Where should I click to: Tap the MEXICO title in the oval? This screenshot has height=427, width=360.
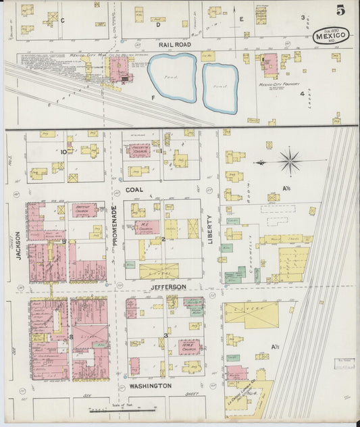coord(331,35)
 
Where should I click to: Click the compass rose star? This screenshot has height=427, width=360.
coord(290,161)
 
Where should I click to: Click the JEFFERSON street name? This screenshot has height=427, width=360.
coord(167,287)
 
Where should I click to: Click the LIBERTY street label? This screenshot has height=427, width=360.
coord(210,230)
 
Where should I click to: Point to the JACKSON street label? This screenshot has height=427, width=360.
coord(20,245)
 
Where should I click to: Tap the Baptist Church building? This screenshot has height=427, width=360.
coord(84,210)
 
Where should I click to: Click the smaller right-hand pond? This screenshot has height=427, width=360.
coord(220,88)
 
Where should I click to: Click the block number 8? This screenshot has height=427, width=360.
coord(70,336)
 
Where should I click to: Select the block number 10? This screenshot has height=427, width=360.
coord(63,152)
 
